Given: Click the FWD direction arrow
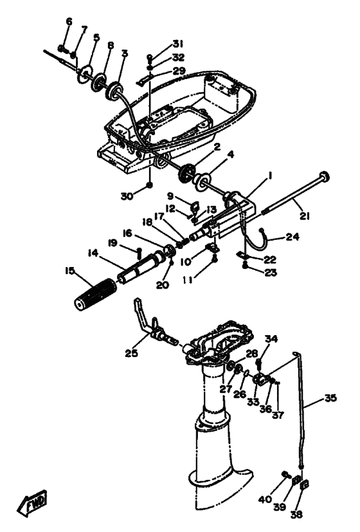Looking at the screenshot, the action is (32, 502).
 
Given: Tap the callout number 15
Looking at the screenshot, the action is (70, 271).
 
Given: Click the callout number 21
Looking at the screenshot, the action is (305, 216).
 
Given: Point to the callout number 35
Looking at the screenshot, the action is (330, 398).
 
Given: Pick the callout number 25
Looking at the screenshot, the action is (132, 353).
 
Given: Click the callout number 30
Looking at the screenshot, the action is (127, 196).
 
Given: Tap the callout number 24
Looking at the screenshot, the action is (292, 237).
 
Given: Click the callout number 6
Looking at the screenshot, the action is (69, 22).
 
